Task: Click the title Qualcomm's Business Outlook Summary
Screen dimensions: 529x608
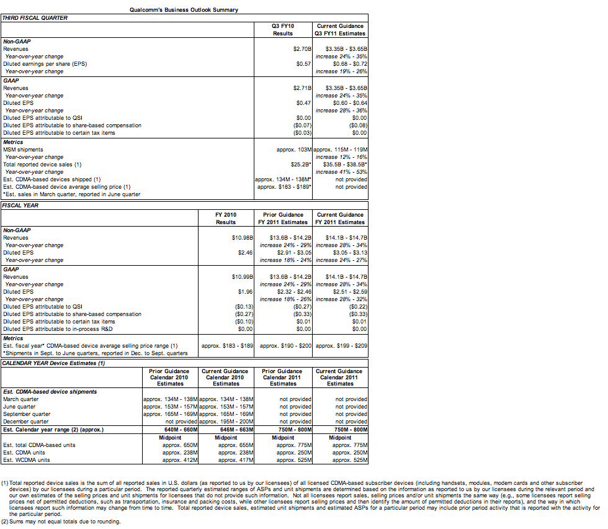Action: click(x=184, y=9)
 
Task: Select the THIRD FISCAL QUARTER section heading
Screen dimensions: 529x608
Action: click(x=35, y=17)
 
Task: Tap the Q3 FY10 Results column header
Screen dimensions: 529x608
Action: click(x=282, y=29)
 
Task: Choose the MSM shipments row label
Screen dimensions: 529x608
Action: click(x=23, y=150)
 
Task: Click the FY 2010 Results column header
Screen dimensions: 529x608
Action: click(x=225, y=218)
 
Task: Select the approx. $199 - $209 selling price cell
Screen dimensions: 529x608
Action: click(x=341, y=345)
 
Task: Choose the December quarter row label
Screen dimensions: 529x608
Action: click(x=25, y=422)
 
